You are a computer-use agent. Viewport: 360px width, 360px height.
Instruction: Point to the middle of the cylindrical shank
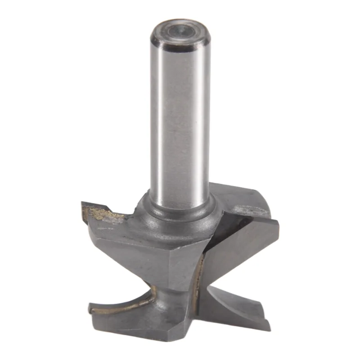click(x=180, y=121)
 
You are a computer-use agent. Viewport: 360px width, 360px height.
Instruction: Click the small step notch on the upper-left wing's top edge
click(x=109, y=208)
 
